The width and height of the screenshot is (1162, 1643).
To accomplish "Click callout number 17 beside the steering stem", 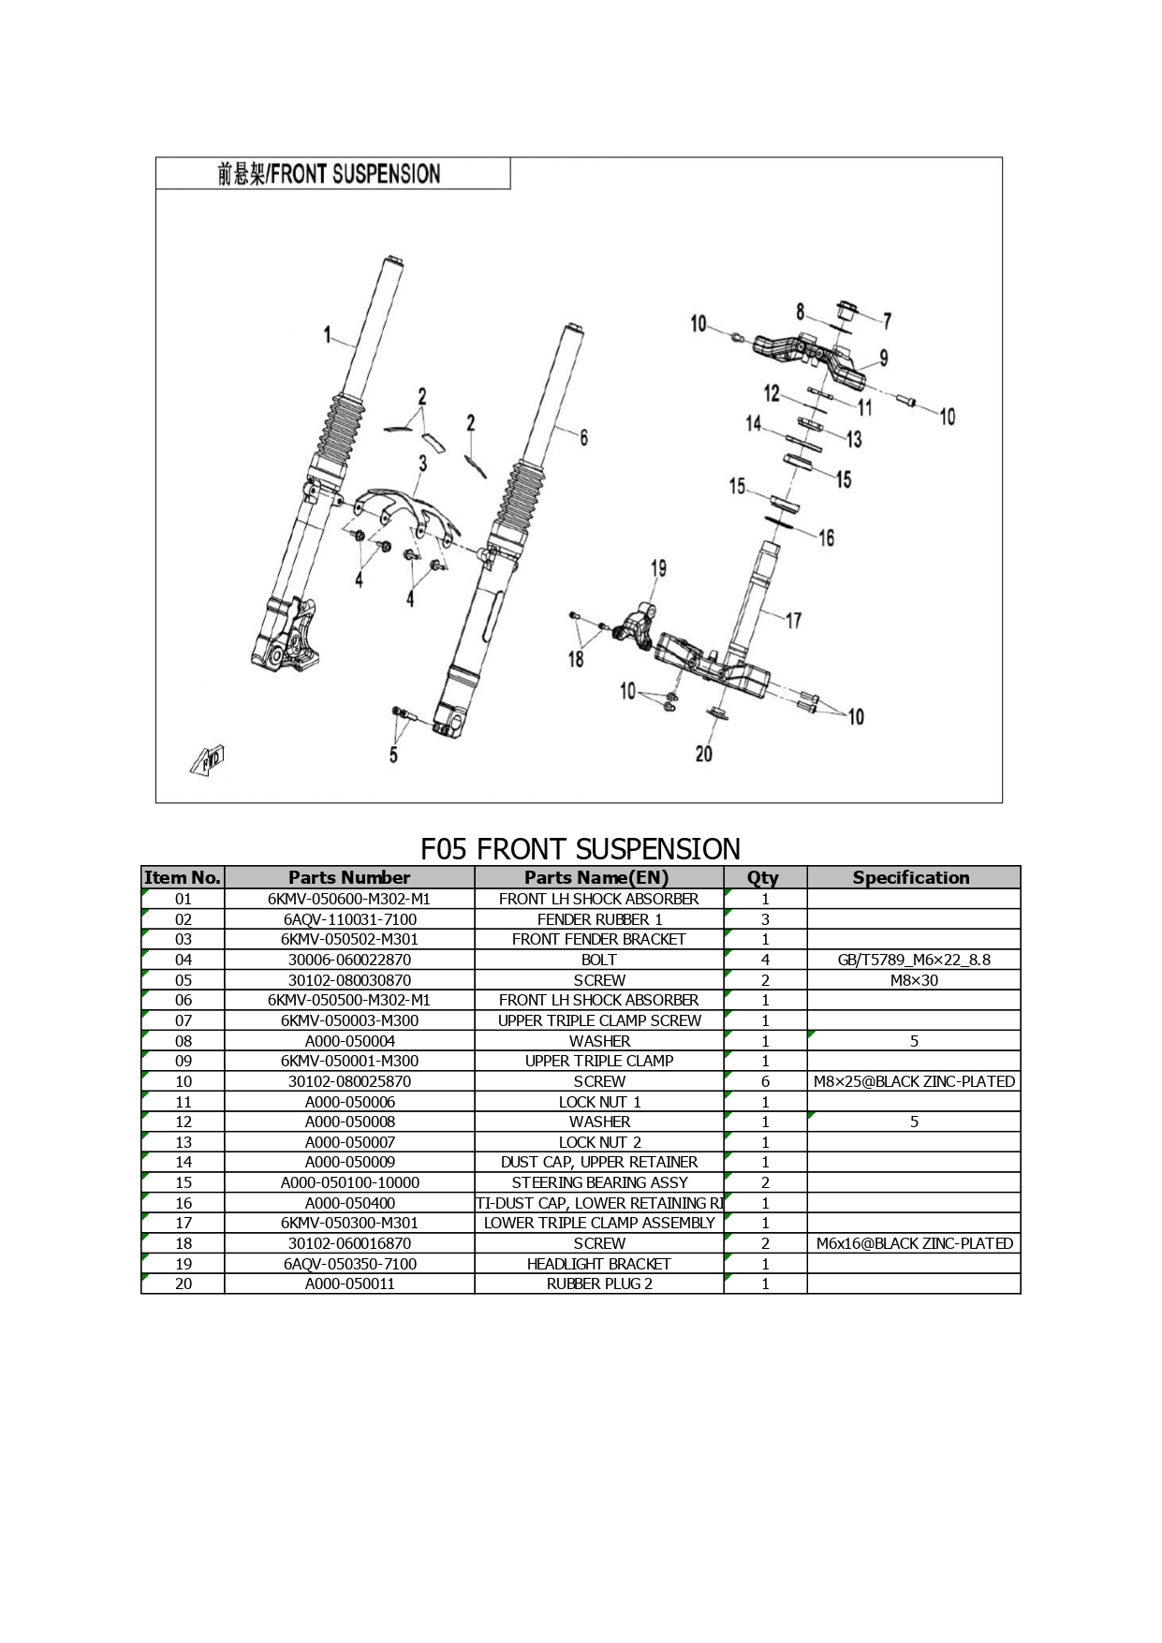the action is (793, 620).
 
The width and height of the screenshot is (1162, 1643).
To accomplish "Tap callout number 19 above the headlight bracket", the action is (658, 568).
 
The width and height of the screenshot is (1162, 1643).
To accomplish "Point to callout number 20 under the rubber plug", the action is (704, 754).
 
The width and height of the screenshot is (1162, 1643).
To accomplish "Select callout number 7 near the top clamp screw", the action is (887, 321).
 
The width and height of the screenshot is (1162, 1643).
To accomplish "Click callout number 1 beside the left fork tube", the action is (328, 334).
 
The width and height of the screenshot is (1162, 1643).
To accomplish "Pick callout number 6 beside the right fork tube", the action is (583, 437).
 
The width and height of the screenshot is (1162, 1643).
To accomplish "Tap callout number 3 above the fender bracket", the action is (423, 462).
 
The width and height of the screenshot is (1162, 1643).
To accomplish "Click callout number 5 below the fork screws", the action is (393, 755).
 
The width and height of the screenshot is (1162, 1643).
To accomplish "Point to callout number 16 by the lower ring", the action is (826, 537).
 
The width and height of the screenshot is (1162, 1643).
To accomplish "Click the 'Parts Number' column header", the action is (349, 877).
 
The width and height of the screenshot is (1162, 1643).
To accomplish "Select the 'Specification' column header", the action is (911, 877).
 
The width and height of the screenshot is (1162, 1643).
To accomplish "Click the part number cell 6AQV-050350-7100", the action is (349, 1264).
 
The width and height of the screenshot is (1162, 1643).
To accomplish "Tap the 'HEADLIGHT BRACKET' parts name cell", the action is (599, 1264).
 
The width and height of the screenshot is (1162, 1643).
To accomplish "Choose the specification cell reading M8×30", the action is (914, 980).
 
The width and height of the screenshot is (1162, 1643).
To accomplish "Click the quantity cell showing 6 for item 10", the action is (765, 1081).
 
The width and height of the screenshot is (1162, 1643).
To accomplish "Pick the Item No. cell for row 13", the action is (184, 1142).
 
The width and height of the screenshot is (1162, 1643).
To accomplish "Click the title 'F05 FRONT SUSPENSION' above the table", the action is (581, 849).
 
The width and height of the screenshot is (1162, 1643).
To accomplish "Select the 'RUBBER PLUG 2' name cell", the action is (599, 1284).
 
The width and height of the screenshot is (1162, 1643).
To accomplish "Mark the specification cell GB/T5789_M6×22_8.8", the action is (914, 960).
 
